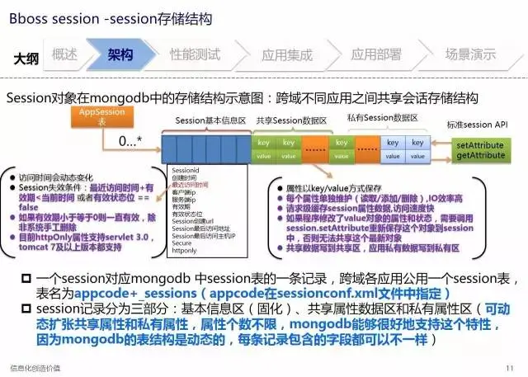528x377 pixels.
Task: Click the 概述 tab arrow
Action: point(65,55)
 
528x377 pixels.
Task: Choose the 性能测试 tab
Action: point(195,55)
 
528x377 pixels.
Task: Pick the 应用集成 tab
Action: point(286,55)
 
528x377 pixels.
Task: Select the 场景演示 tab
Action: point(470,55)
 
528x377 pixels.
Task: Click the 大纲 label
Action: point(26,59)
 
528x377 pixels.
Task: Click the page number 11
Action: point(509,367)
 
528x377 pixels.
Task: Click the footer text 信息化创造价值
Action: point(35,367)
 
